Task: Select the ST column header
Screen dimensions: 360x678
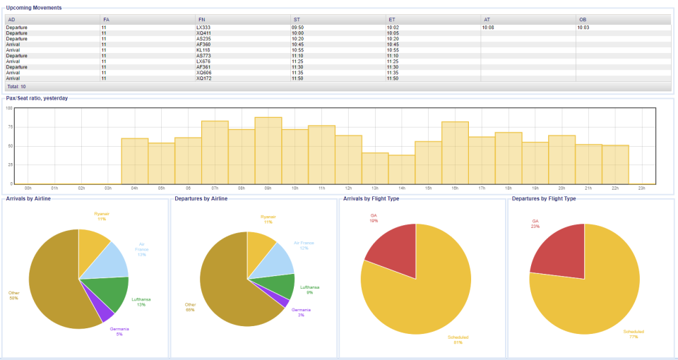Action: pyautogui.click(x=295, y=19)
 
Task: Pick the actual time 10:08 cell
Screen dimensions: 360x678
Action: pyautogui.click(x=489, y=28)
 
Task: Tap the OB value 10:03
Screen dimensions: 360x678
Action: pyautogui.click(x=583, y=28)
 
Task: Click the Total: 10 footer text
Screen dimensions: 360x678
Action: pyautogui.click(x=17, y=86)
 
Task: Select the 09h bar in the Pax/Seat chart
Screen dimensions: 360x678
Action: pyautogui.click(x=268, y=152)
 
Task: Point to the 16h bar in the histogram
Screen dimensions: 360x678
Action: pyautogui.click(x=456, y=154)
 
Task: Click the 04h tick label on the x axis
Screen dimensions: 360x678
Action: pyautogui.click(x=135, y=188)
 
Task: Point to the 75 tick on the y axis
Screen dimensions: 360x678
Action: pyautogui.click(x=10, y=127)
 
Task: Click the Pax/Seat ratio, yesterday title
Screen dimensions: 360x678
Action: pyautogui.click(x=37, y=98)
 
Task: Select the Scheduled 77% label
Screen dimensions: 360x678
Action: pyautogui.click(x=633, y=334)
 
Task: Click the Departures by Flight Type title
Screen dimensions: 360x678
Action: pyautogui.click(x=543, y=199)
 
